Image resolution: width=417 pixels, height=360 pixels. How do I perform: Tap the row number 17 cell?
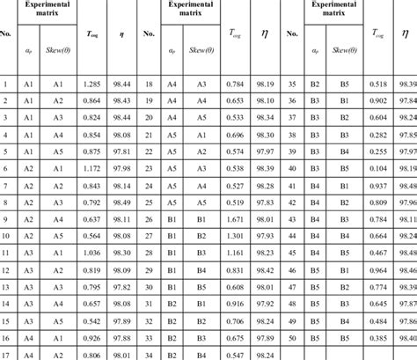(7, 355)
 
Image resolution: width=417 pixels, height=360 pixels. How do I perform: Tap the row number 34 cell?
(150, 355)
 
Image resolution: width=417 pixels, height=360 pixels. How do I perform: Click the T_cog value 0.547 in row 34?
(233, 355)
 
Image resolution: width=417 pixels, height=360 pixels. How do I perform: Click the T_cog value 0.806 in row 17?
(91, 355)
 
